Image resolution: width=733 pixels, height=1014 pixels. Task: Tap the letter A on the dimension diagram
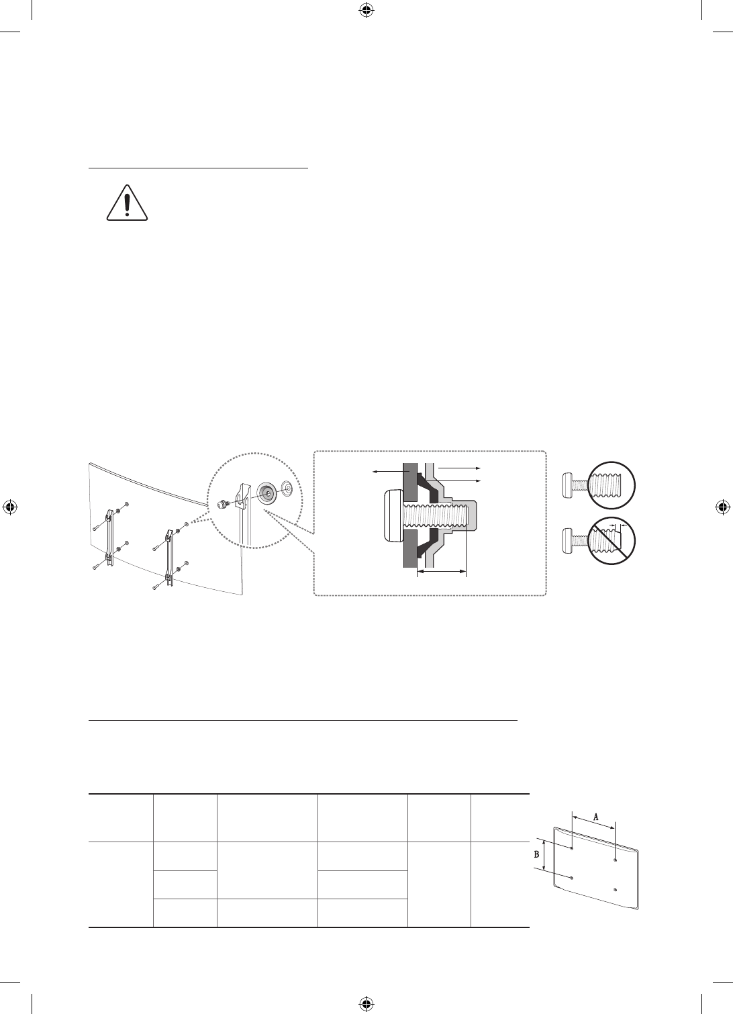point(595,817)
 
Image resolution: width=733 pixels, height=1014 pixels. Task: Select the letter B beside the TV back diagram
point(536,855)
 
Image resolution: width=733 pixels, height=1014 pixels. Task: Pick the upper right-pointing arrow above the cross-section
point(459,468)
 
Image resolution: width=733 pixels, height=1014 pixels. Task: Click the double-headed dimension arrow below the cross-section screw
point(441,572)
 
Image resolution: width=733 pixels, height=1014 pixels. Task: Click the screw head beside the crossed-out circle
point(570,539)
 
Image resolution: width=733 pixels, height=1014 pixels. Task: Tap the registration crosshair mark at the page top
point(366,10)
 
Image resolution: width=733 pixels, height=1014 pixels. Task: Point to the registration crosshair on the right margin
point(723,507)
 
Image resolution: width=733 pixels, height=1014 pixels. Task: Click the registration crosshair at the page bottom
point(366,1003)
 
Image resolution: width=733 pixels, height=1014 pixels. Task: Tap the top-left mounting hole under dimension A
point(571,848)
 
